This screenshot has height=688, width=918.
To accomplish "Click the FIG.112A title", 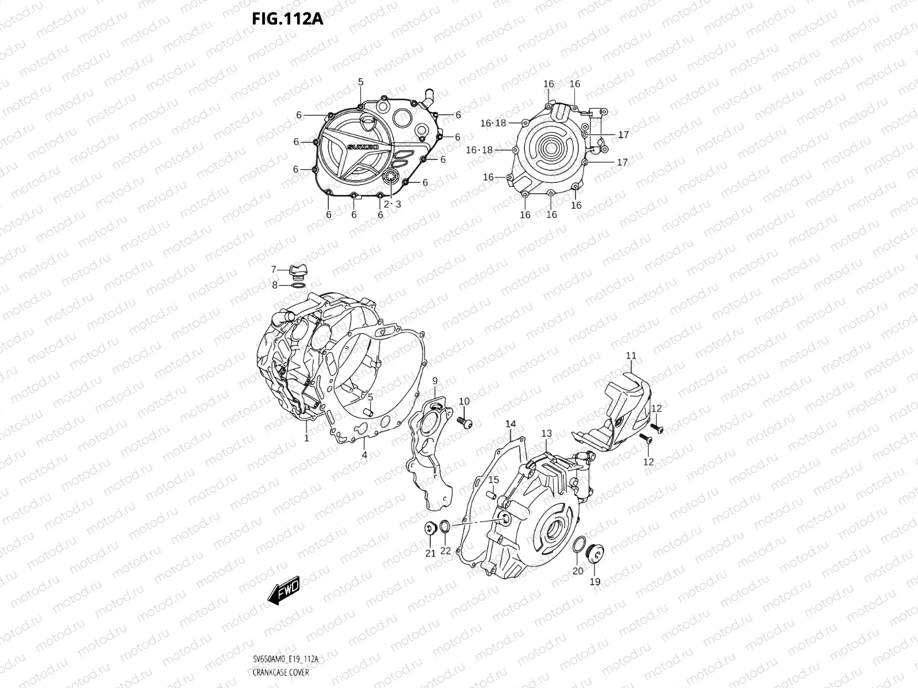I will point(287,19).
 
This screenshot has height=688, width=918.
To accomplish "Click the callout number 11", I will point(631,356).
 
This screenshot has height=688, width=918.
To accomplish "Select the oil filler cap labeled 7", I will point(297,271).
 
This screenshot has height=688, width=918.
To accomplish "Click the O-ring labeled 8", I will point(298,285).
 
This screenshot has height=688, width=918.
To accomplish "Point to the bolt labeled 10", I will point(465,423).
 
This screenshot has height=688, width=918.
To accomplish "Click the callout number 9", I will point(435,381).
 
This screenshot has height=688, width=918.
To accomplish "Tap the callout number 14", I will point(511,424).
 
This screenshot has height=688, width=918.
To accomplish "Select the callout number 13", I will point(546,433).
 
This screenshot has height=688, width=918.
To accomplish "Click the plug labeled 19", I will point(594,555).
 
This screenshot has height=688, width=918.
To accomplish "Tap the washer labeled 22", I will point(445,527).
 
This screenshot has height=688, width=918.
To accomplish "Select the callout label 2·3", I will point(392,204).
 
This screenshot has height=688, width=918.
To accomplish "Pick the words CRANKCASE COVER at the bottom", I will point(280,673).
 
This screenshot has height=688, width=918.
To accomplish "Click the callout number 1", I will point(306,438).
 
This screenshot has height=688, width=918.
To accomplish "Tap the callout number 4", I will point(364,455).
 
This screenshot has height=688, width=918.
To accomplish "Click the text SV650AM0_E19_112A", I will point(285,660).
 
